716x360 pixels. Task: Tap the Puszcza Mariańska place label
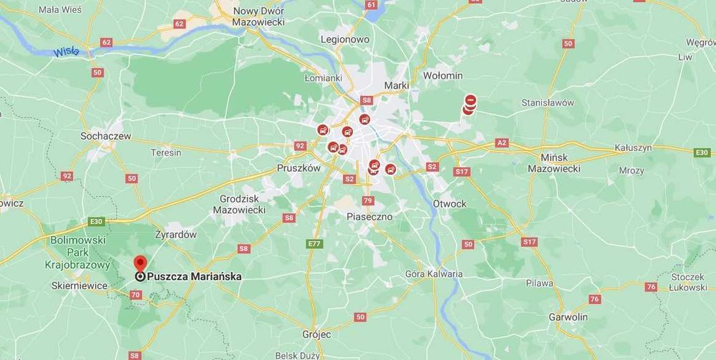[x=193, y=276]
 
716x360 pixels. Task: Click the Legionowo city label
[x=344, y=39]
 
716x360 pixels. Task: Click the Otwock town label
[x=450, y=203]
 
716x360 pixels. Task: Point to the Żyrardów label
[x=175, y=234]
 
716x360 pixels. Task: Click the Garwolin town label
[x=568, y=316]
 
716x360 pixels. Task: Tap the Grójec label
[x=316, y=334]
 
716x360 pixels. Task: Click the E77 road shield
[x=314, y=244]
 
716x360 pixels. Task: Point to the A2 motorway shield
[x=502, y=143]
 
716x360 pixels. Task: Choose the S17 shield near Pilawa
[x=529, y=242]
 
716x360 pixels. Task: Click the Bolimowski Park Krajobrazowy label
[x=79, y=252]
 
